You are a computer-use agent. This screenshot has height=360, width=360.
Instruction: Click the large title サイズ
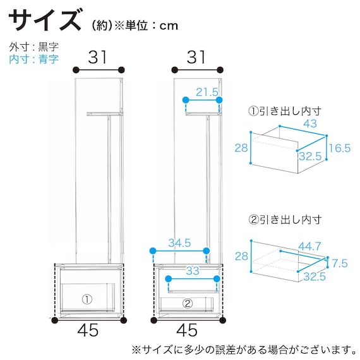pyautogui.click(x=45, y=21)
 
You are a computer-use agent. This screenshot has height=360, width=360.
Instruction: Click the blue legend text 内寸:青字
pyautogui.click(x=34, y=59)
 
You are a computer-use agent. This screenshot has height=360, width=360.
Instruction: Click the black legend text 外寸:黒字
pyautogui.click(x=34, y=47)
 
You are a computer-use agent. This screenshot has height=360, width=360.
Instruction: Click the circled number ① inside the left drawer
pyautogui.click(x=87, y=297)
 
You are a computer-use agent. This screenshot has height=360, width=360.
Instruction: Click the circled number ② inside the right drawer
pyautogui.click(x=187, y=303)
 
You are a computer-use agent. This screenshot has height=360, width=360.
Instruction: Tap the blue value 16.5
pyautogui.click(x=339, y=148)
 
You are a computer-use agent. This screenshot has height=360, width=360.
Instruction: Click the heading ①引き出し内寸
pyautogui.click(x=285, y=111)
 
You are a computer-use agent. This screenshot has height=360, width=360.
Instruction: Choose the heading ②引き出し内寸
pyautogui.click(x=285, y=220)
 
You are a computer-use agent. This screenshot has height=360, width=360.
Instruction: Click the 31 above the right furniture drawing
pyautogui.click(x=197, y=57)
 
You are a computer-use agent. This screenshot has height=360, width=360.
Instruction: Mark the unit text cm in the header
pyautogui.click(x=169, y=26)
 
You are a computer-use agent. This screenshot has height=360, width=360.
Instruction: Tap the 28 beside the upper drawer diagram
pyautogui.click(x=241, y=147)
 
